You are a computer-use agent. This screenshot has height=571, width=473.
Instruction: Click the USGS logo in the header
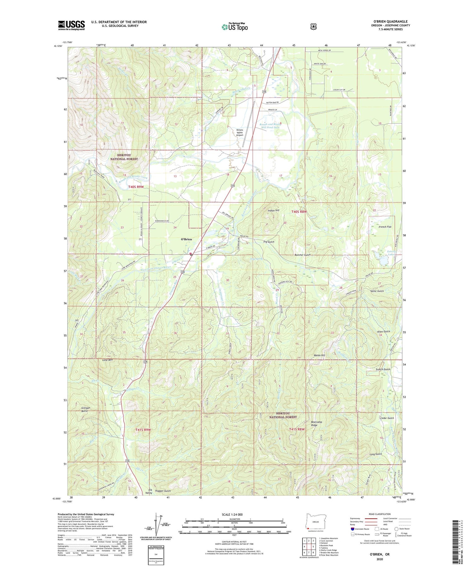(71, 25)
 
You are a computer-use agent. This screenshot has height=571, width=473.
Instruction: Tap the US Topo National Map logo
(235, 27)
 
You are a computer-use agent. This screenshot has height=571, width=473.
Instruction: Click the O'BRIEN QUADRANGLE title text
(390, 21)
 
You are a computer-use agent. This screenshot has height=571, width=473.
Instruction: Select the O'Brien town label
(186, 239)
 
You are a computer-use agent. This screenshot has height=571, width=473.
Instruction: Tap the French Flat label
(385, 227)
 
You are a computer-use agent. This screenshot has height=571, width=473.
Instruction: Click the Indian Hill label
(273, 210)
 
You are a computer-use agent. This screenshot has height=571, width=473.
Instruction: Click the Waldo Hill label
(319, 355)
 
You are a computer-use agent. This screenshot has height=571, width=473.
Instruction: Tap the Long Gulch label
(376, 454)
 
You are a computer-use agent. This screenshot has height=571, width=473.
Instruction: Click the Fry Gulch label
(269, 242)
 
